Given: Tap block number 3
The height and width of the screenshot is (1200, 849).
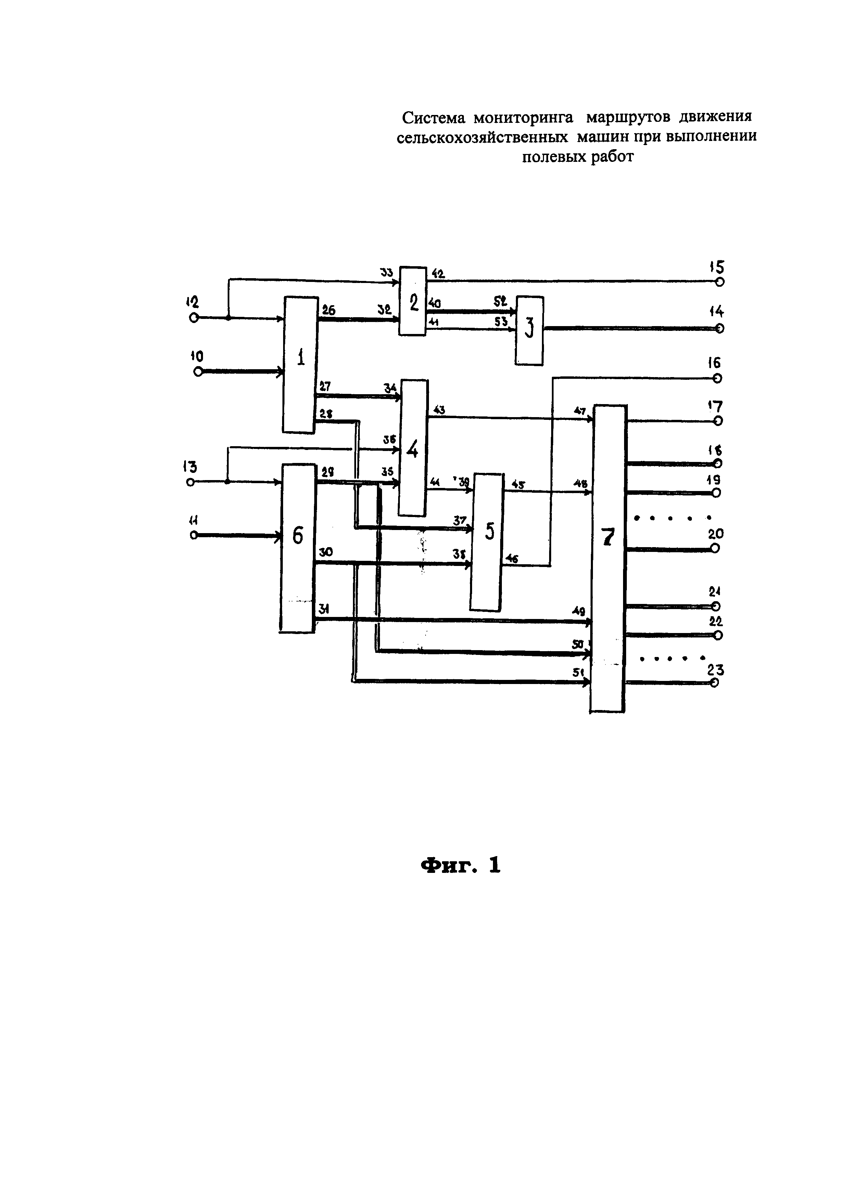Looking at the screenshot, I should point(530,330).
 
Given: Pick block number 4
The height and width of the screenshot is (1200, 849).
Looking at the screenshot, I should point(413,448).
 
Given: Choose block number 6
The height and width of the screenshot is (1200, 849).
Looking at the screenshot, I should point(298,548).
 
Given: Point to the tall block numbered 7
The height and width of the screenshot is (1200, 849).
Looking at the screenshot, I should point(608,558).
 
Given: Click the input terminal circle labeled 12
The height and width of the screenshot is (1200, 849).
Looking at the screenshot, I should point(194,318).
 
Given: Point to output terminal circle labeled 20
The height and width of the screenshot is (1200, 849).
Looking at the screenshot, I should point(715,548).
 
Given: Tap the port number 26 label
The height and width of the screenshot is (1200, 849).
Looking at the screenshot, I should point(328,310).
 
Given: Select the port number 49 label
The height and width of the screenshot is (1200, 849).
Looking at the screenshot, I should point(579,611).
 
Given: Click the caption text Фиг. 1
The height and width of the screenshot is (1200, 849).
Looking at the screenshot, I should point(460,865).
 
